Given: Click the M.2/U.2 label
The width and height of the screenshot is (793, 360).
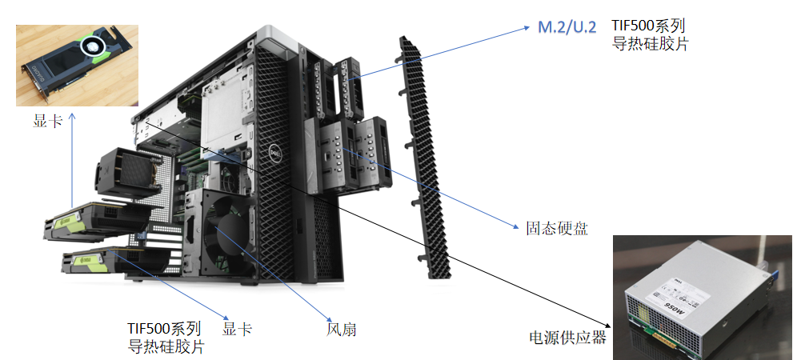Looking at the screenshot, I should click(567, 28).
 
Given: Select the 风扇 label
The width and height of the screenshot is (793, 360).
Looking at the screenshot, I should click(336, 329).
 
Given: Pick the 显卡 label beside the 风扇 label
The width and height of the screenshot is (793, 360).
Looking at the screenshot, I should click(238, 329).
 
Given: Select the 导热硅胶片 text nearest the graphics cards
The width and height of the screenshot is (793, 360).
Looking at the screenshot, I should click(166, 347).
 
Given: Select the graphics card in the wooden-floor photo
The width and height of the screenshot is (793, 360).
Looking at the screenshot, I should click(76, 64).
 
